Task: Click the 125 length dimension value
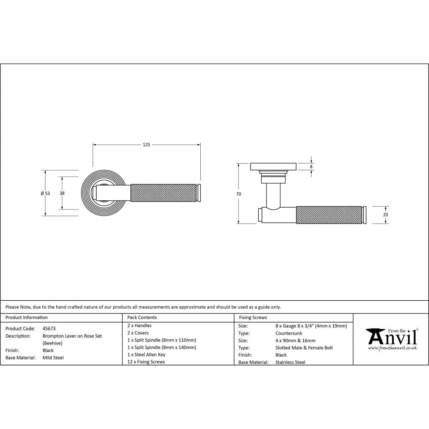pos(146,145)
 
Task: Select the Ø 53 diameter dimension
pos(45,193)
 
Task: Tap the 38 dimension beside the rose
pos(62,193)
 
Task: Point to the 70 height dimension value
pos(239,194)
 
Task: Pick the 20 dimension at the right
pos(385,214)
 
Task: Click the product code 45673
pos(49,329)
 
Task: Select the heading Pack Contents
pos(142,317)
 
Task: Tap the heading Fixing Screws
pos(253,317)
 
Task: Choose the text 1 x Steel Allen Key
pos(146,355)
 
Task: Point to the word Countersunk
pos(289,333)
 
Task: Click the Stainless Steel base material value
pos(290,363)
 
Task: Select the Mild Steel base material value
pos(53,358)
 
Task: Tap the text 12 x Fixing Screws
pos(146,362)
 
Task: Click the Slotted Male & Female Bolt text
pos(304,348)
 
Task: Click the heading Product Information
pos(27,317)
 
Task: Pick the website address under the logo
pos(393,348)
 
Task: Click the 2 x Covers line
pos(138,333)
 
